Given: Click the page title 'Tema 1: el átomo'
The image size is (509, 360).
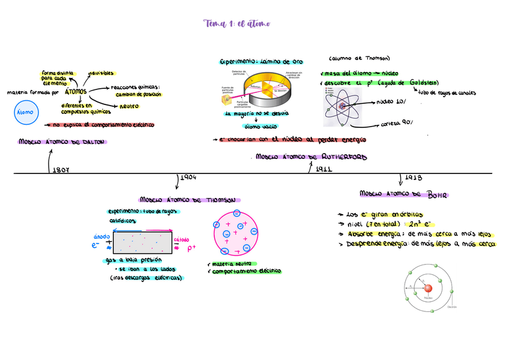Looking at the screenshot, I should [236, 23].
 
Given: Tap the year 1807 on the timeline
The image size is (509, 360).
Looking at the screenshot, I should [61, 170].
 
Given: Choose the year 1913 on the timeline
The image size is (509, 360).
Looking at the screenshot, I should [414, 178].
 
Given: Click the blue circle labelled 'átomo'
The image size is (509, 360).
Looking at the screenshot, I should [25, 113].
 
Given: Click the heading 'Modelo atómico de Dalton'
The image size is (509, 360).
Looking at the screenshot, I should [62, 142].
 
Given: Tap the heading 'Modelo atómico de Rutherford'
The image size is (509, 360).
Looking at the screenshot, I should [311, 157].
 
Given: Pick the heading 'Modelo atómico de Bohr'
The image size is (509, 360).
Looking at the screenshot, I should [404, 194].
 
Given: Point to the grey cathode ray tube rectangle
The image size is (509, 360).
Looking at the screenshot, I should [143, 243].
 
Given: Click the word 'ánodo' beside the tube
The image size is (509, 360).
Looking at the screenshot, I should [101, 236].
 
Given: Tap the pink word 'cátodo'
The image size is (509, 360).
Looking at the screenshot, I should [181, 240].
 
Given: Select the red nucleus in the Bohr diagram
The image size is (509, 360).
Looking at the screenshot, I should [428, 289].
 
